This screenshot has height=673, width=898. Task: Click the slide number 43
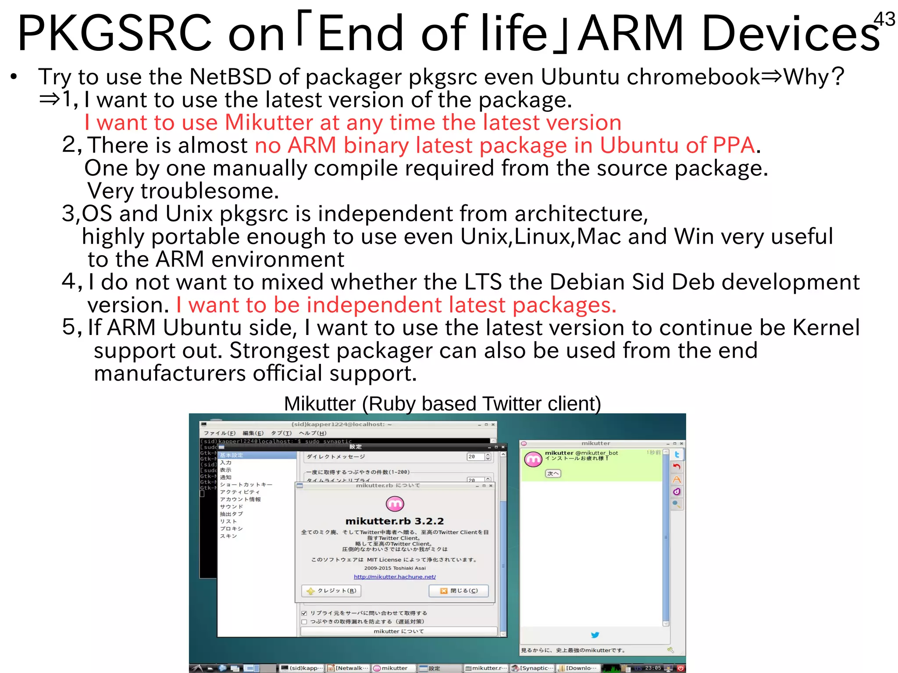(x=884, y=19)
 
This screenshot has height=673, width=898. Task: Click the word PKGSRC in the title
(x=115, y=33)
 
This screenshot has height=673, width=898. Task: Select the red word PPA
(x=734, y=145)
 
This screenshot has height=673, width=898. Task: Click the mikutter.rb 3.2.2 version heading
(x=394, y=521)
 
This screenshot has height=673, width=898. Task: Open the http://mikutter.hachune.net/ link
(x=395, y=577)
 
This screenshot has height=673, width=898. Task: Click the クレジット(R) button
(x=331, y=591)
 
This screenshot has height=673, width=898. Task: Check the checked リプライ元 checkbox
(x=304, y=613)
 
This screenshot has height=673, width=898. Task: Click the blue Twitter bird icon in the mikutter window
(x=595, y=634)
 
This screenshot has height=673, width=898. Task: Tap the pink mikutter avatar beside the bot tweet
(x=533, y=459)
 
